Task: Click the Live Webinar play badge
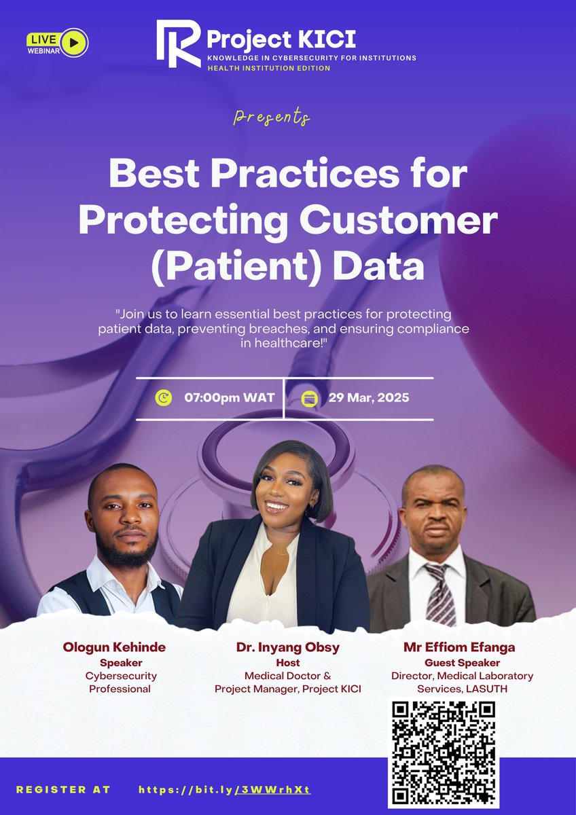pos(57,42)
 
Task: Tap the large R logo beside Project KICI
pos(179,43)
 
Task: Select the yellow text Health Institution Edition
pos(269,68)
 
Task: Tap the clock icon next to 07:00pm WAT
pos(164,397)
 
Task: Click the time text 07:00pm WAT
pos(230,397)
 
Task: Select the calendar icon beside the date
pos(311,397)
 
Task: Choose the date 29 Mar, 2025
pos(369,397)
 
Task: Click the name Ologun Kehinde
pos(114,647)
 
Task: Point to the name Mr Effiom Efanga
pos(459,647)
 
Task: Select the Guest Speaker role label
pos(462,662)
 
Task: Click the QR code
pos(444,750)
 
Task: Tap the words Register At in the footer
pos(63,790)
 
